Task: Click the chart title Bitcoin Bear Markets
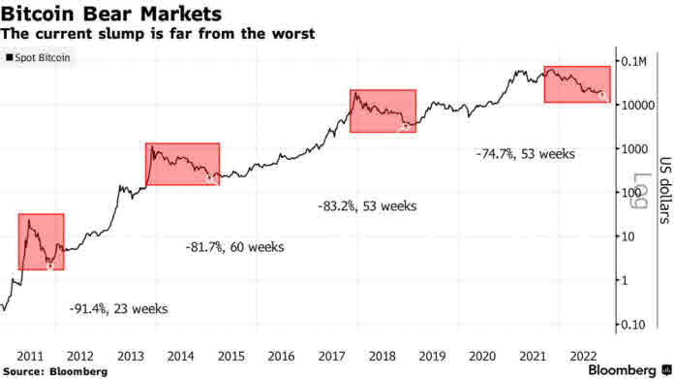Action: pyautogui.click(x=111, y=14)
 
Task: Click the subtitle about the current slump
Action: pyautogui.click(x=158, y=34)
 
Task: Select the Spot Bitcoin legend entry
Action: pyautogui.click(x=38, y=57)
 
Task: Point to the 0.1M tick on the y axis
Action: pyautogui.click(x=633, y=62)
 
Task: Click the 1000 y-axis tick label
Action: pyautogui.click(x=634, y=149)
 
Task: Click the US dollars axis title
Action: pyautogui.click(x=665, y=190)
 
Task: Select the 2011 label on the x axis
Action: pyautogui.click(x=30, y=357)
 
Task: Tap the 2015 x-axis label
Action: pyautogui.click(x=231, y=357)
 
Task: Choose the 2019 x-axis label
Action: pyautogui.click(x=433, y=357)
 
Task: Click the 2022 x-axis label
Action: pyautogui.click(x=583, y=357)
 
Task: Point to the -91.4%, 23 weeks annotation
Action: pyautogui.click(x=119, y=309)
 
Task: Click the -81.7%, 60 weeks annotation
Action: pyautogui.click(x=234, y=247)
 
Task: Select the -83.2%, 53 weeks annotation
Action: pyautogui.click(x=367, y=206)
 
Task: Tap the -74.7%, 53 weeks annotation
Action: pyautogui.click(x=525, y=154)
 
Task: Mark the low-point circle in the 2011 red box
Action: pyautogui.click(x=50, y=267)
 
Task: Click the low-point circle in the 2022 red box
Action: pyautogui.click(x=602, y=96)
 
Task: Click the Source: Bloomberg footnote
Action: pyautogui.click(x=55, y=371)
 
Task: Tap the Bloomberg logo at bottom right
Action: pyautogui.click(x=629, y=370)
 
